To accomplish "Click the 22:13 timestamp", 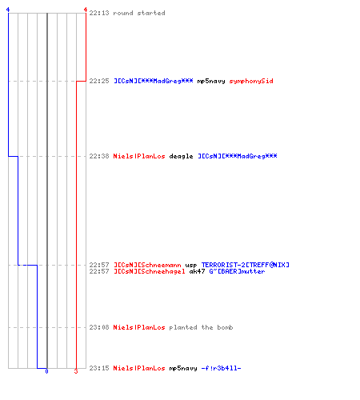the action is (x=99, y=13).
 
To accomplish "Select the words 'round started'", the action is (x=139, y=13).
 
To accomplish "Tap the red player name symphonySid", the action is (x=251, y=81).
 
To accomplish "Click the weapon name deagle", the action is (x=181, y=156).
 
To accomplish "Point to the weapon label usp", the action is (x=191, y=266).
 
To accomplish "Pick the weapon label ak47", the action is (x=197, y=271).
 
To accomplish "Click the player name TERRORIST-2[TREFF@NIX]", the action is (x=246, y=265).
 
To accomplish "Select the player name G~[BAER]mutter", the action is (x=237, y=271).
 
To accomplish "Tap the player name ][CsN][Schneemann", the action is (x=147, y=265).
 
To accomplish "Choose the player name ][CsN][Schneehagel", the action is (x=150, y=271).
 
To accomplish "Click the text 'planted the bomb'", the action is (x=201, y=327).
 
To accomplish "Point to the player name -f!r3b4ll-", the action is (x=221, y=368).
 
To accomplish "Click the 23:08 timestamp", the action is (x=99, y=327).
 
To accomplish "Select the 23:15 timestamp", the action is (x=99, y=368).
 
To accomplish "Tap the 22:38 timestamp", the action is (x=99, y=156).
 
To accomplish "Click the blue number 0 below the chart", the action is (x=46, y=371).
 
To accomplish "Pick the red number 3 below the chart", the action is (x=76, y=371).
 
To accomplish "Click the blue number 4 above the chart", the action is (x=8, y=10).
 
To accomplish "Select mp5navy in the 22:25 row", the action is (x=211, y=81).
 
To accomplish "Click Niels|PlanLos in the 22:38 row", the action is (x=139, y=156).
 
